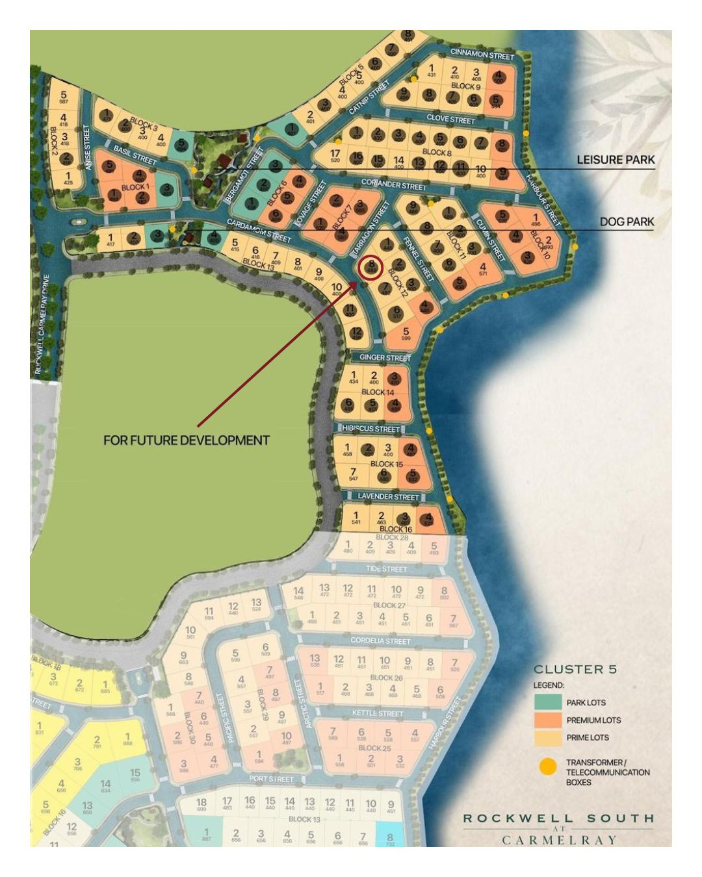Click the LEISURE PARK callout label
click(x=616, y=160)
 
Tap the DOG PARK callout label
click(x=627, y=222)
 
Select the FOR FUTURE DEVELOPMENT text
click(x=187, y=440)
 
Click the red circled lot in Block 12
click(x=370, y=268)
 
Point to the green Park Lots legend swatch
click(x=548, y=702)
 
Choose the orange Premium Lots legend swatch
click(x=548, y=720)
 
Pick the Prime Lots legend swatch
click(x=548, y=737)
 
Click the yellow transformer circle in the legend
click(x=548, y=767)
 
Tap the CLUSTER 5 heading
click(x=575, y=669)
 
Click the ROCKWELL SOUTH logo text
click(x=558, y=819)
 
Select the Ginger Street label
click(x=385, y=358)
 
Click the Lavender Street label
click(x=388, y=497)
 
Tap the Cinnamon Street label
click(x=482, y=55)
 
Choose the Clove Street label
click(x=450, y=120)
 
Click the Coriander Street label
click(x=393, y=185)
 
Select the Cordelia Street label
click(x=380, y=641)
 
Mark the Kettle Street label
click(x=378, y=713)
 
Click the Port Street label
click(x=272, y=779)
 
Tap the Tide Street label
click(x=386, y=569)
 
